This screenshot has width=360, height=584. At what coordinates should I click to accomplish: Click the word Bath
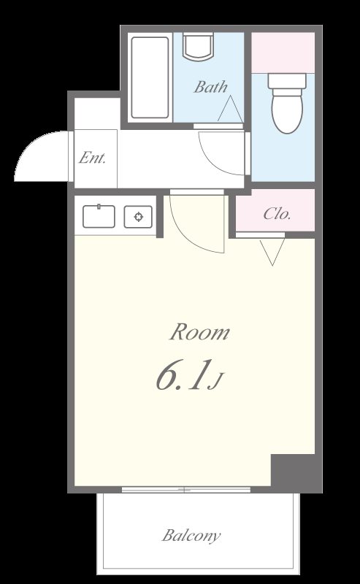tap(210, 88)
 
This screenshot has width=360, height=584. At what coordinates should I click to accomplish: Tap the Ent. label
tap(93, 158)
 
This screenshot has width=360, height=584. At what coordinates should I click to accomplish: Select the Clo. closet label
tap(277, 214)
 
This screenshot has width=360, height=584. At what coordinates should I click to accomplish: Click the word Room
tap(199, 333)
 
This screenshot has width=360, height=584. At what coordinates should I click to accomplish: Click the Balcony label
tap(191, 536)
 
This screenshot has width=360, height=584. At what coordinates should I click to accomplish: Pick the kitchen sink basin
tap(99, 216)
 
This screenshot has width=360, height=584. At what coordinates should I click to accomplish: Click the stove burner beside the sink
tap(137, 216)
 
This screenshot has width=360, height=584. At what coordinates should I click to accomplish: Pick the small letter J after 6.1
tap(215, 380)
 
